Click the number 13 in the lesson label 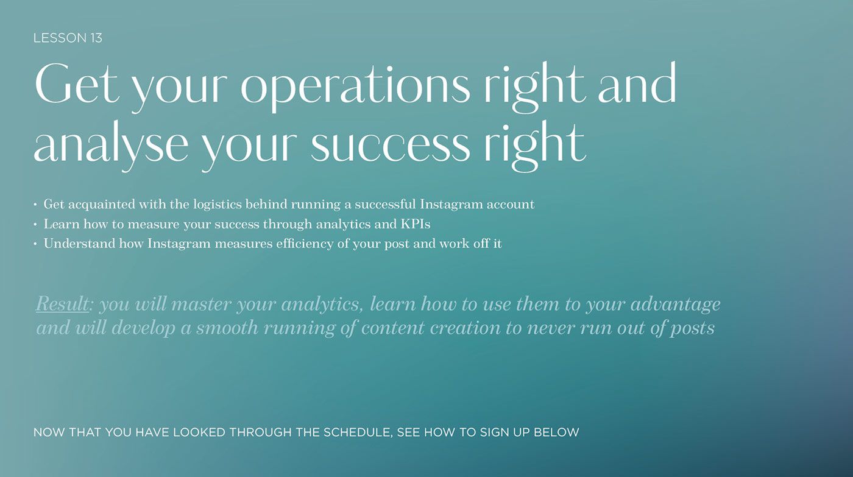[96, 38]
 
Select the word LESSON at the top [60, 38]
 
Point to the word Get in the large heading [77, 83]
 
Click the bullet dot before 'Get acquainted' [35, 205]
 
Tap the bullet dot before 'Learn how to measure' [35, 225]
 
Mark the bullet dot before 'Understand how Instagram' [35, 244]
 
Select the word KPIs [415, 224]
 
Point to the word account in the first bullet [511, 205]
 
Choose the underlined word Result [62, 304]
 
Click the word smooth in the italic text [227, 328]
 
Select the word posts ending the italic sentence [692, 329]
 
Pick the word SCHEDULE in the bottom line [357, 433]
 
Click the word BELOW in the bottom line [556, 433]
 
